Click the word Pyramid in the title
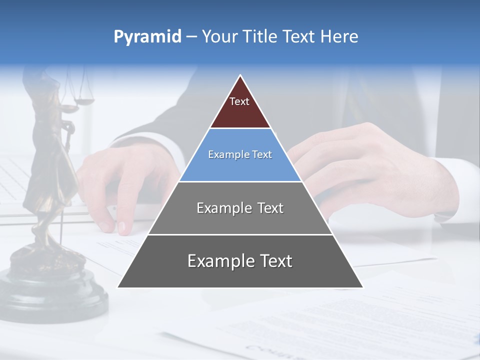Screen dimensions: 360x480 tap(147, 37)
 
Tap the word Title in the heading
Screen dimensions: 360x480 tap(259, 37)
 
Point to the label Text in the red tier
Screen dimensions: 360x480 tap(239, 101)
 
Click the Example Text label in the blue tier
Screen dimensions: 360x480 tap(240, 155)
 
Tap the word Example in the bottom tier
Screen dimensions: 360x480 tap(218, 261)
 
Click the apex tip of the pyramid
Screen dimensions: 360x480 tap(240, 76)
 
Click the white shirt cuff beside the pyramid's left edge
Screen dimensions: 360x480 tap(165, 150)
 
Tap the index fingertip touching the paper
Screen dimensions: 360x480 tap(122, 228)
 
